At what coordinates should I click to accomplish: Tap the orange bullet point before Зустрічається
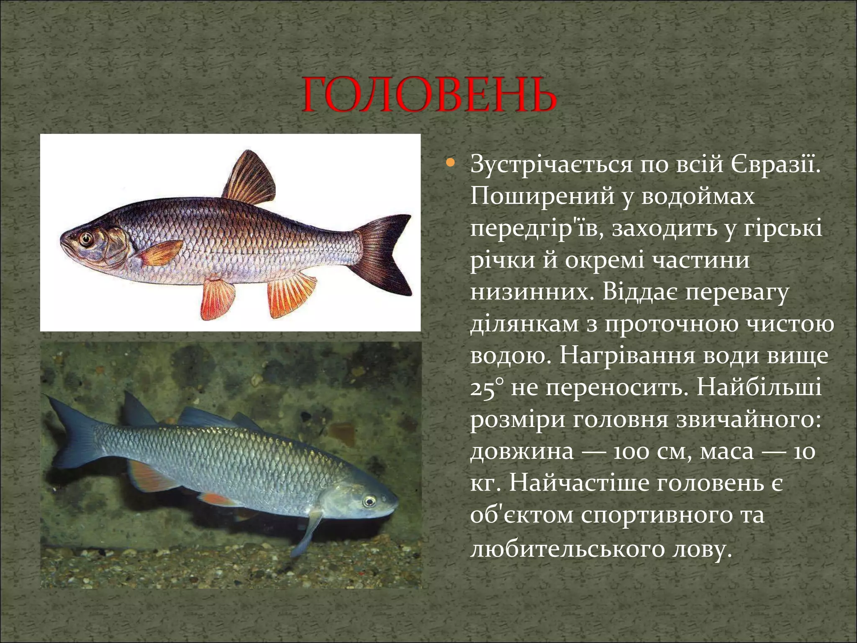[x=450, y=162]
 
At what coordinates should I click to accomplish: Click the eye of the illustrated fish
[x=87, y=239]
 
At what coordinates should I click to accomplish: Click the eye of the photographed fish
[x=369, y=501]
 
